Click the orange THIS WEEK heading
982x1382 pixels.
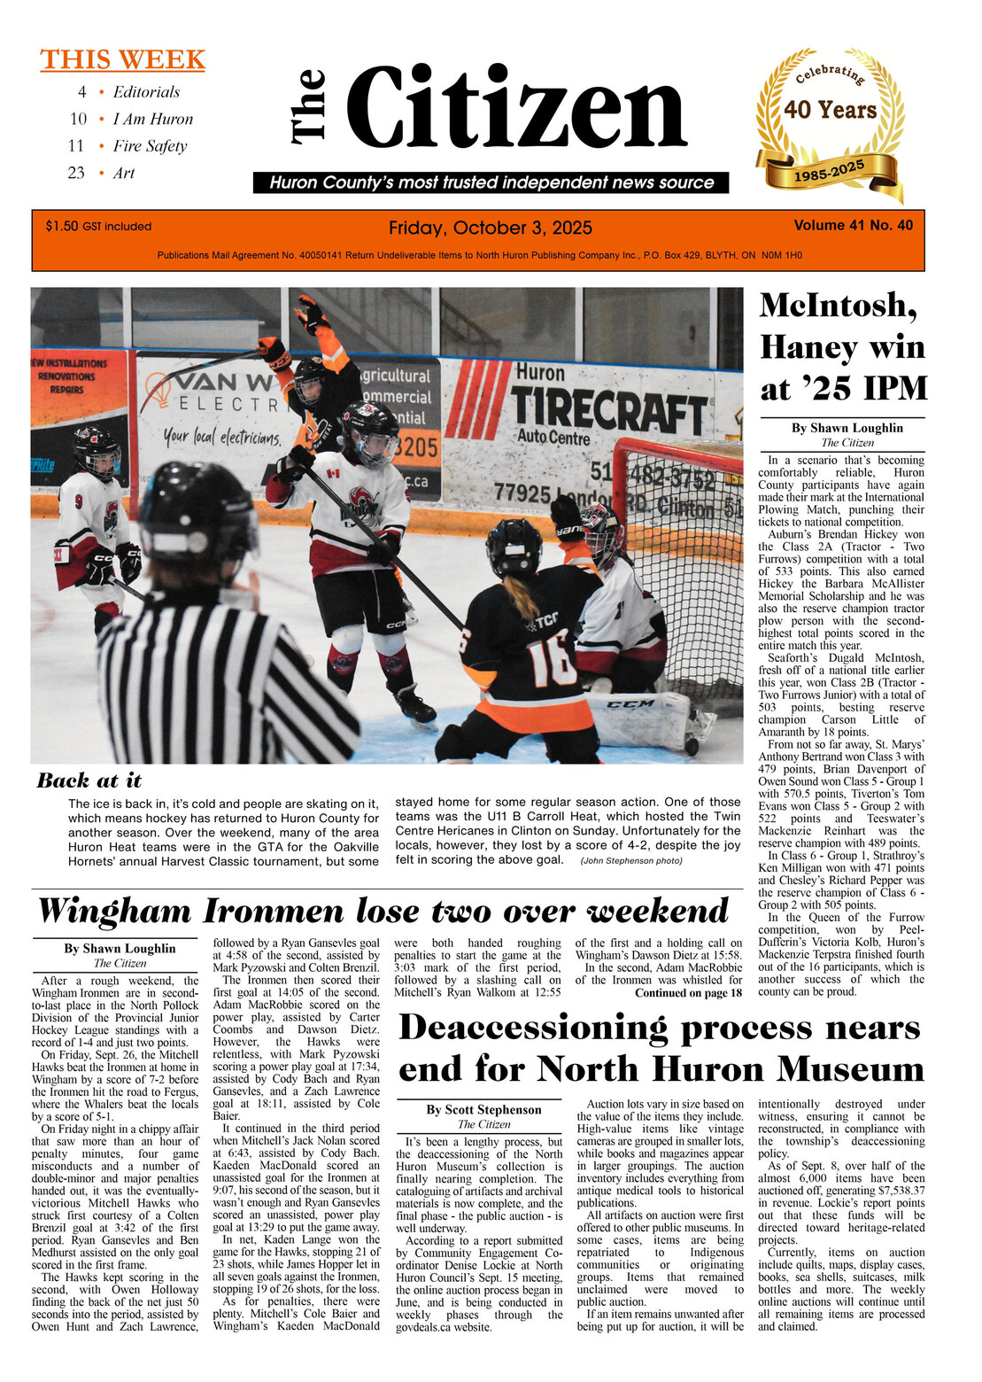coord(122,60)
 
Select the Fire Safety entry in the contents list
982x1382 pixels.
coord(150,146)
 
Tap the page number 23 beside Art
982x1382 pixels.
coord(76,174)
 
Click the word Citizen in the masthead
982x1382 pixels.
coord(516,109)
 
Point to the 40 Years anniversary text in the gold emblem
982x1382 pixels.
coord(830,111)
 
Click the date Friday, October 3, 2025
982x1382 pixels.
coord(490,229)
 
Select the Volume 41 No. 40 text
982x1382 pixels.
coord(853,226)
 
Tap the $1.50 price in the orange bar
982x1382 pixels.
coord(62,227)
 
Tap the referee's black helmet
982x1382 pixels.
coord(197,518)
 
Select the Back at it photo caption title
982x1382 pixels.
coord(89,780)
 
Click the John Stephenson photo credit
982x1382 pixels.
coord(631,861)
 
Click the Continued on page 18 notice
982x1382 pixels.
coord(688,993)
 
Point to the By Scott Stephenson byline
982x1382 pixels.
coord(483,1110)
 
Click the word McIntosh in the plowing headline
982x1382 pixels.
coord(838,306)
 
